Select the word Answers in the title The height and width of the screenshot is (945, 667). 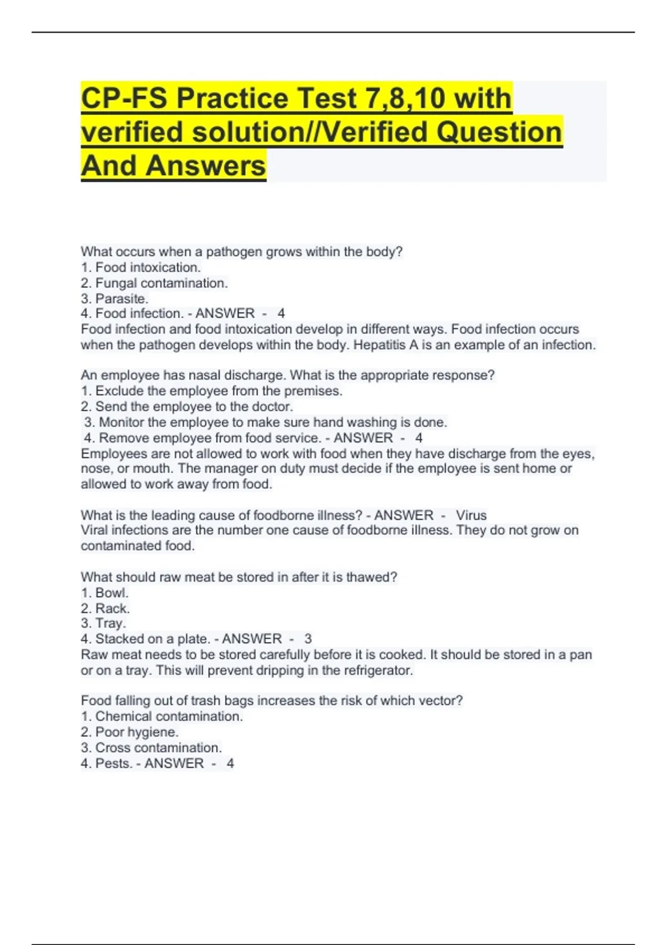[206, 166]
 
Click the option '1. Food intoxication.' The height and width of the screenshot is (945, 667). [141, 267]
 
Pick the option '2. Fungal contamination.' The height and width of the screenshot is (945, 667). [154, 283]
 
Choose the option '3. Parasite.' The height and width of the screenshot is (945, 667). [115, 299]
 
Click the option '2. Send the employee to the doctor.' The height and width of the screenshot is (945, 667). [187, 406]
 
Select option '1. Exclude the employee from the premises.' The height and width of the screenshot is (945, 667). [211, 391]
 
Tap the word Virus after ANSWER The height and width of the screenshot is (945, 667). [471, 515]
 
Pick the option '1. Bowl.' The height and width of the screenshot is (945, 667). [104, 593]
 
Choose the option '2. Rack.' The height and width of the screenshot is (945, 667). [105, 608]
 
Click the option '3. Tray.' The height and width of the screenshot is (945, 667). [103, 623]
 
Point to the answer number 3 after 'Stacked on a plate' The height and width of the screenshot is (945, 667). [308, 639]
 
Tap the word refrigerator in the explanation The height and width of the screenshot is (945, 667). [378, 670]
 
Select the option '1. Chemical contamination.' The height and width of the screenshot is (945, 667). [162, 717]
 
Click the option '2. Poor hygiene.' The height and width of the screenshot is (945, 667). [130, 732]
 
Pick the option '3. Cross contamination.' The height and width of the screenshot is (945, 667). [151, 748]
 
